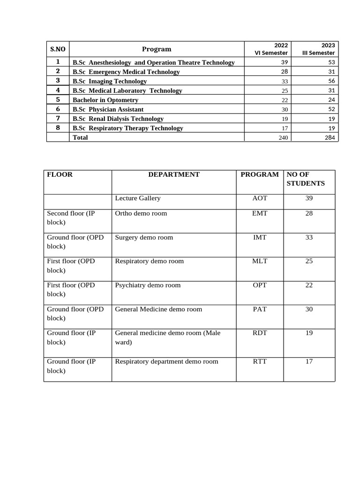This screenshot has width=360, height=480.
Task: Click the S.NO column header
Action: pos(58,49)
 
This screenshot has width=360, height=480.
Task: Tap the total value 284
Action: pos(330,138)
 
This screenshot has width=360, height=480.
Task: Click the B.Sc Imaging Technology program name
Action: pos(110,81)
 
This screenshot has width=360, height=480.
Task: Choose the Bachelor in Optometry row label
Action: pos(105,100)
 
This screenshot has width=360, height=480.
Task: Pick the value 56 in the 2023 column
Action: pos(331,81)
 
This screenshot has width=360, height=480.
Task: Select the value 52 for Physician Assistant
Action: pos(331,109)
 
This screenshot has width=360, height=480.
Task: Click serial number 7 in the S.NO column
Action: pos(58,119)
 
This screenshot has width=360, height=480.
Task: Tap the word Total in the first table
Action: pos(80,137)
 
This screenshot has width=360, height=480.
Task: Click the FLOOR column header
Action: pos(60,174)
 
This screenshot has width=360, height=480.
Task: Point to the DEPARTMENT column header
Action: pos(174,174)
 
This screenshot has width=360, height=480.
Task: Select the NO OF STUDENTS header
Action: pos(306,179)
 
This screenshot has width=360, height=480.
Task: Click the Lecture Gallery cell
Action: pos(138,198)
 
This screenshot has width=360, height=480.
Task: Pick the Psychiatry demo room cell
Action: pos(148,285)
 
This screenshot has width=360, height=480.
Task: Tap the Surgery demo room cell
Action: pos(144,237)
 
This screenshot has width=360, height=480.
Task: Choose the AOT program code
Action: pos(260,198)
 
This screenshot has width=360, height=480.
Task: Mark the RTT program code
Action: pos(260,361)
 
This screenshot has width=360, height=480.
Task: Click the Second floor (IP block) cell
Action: pos(71,217)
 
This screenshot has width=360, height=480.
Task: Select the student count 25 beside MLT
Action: pos(309,261)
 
